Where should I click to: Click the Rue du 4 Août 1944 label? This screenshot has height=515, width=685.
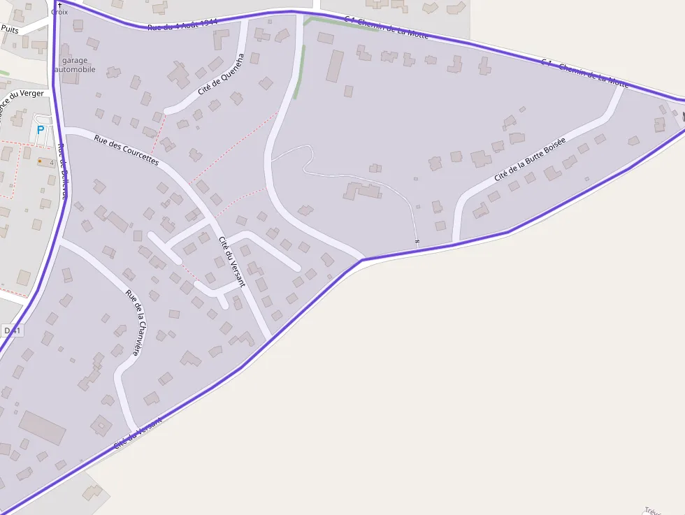click(x=182, y=25)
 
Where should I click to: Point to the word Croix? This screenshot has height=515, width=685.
click(x=59, y=13)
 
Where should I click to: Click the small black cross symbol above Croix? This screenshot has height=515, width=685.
click(x=59, y=5)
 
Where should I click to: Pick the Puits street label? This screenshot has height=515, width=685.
click(x=10, y=29)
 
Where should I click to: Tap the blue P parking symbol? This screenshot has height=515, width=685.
click(x=40, y=130)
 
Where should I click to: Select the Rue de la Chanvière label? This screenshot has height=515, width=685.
click(x=137, y=323)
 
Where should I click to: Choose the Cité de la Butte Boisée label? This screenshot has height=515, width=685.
click(x=529, y=159)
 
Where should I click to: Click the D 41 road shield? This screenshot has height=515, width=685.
click(x=12, y=330)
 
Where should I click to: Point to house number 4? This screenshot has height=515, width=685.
click(x=51, y=162)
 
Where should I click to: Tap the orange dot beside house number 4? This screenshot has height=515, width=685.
click(x=40, y=161)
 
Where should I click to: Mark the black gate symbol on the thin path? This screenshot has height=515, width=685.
click(x=417, y=242)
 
